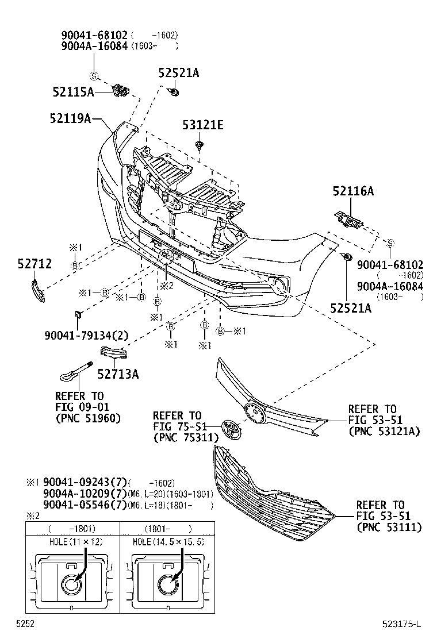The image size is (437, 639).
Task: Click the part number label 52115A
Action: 73,91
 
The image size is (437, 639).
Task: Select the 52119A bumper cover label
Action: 71,118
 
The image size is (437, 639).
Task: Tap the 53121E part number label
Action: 203,124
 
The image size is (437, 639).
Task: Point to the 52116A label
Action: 352,192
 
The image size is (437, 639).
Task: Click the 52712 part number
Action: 33,264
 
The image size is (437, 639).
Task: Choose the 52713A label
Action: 118,374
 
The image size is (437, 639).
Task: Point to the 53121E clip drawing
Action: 200,145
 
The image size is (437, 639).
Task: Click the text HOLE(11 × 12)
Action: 72,542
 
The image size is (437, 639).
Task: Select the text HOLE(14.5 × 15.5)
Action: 168,542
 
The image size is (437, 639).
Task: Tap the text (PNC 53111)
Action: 389,526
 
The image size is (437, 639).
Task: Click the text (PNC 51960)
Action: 88,418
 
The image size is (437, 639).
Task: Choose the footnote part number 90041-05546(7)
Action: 85,505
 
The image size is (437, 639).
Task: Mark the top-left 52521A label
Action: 179,72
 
